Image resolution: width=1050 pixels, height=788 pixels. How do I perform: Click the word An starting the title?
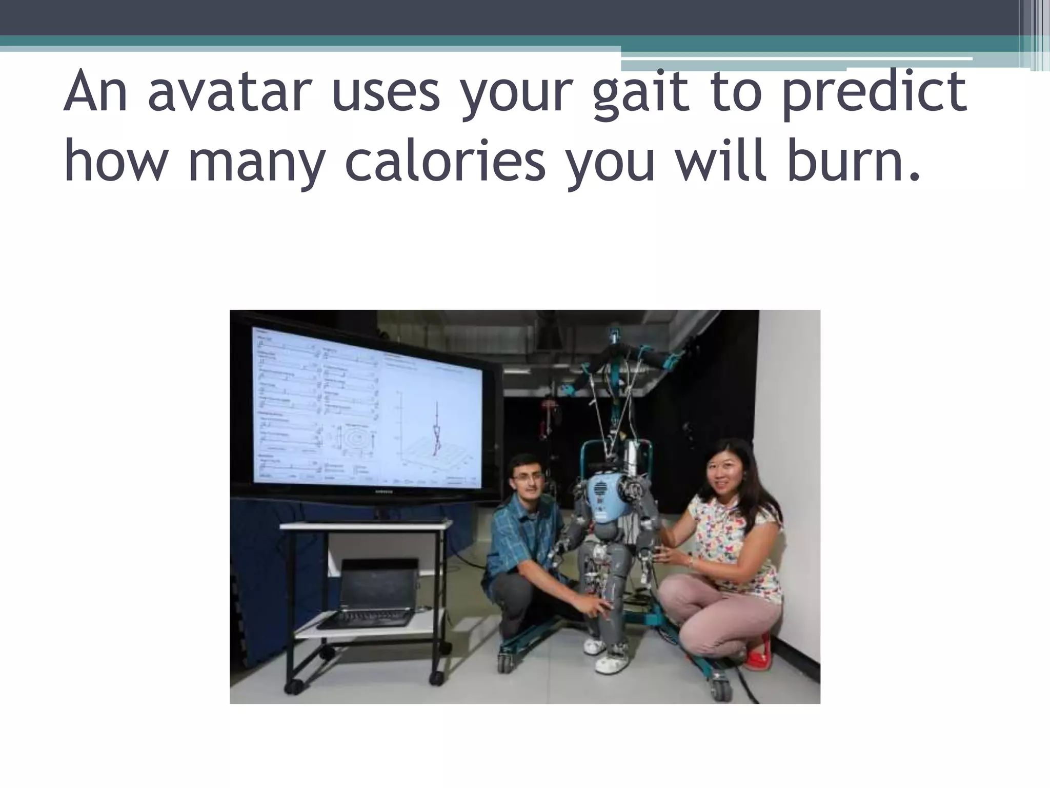(95, 93)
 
